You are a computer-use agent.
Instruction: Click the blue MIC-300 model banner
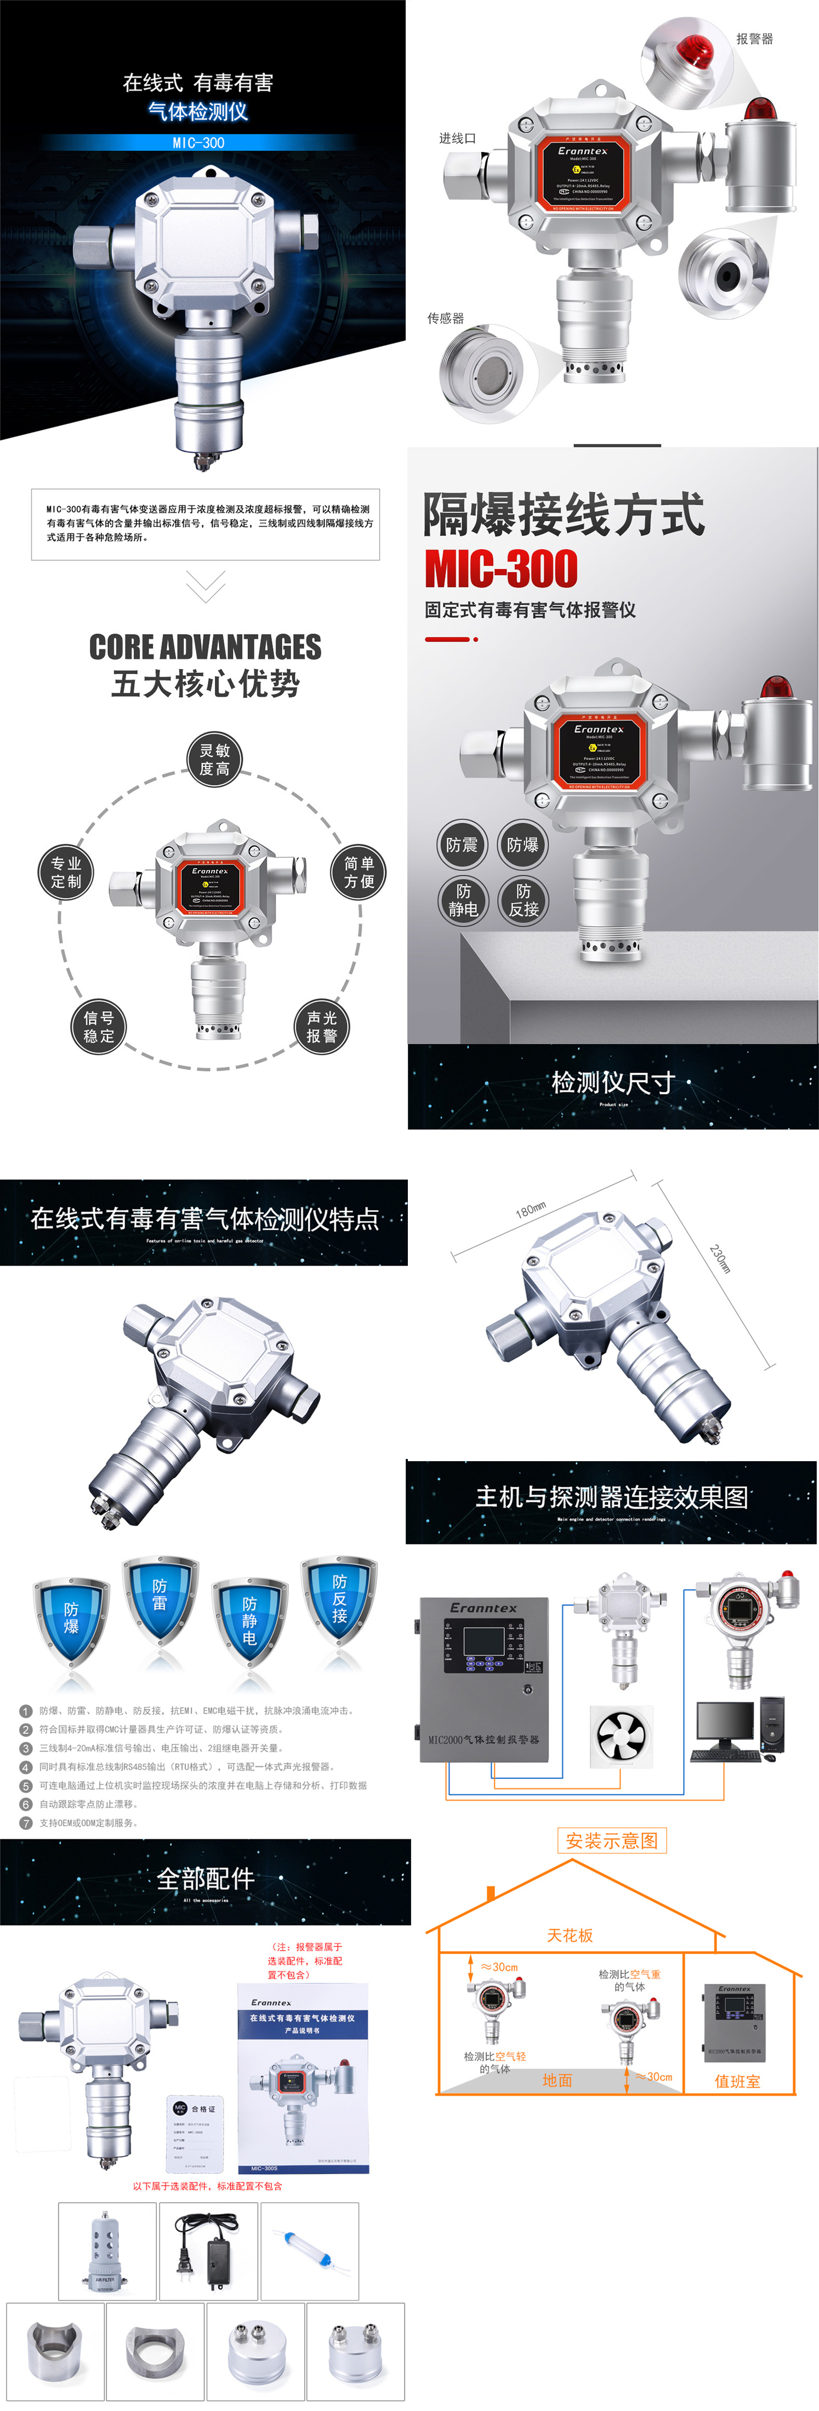(198, 143)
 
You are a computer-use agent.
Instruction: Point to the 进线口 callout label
(458, 138)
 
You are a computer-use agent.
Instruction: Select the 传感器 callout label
(446, 318)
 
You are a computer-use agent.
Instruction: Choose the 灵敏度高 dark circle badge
(214, 759)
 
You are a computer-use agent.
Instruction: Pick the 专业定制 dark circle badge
(66, 873)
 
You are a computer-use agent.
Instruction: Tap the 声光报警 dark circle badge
(322, 1027)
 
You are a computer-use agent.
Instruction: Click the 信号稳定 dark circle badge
(98, 1027)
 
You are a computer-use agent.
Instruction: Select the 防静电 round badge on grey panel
(463, 900)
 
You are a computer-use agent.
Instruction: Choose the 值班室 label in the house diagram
(737, 2081)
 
